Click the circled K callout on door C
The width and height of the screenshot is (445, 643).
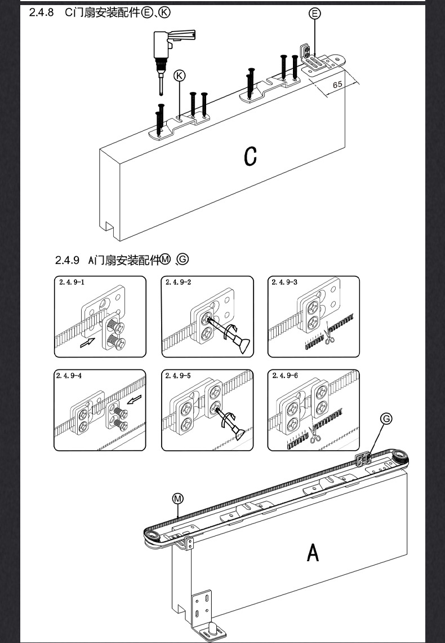(179, 76)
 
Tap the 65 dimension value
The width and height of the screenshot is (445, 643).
(337, 84)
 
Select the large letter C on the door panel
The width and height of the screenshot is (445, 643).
(251, 156)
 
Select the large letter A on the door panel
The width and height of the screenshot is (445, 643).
(313, 552)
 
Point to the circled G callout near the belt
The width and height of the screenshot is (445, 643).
(386, 419)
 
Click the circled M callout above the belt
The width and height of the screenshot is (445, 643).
(178, 499)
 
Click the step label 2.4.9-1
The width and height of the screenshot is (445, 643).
(71, 282)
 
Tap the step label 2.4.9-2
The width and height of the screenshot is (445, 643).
(178, 282)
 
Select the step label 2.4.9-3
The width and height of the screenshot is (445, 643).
(284, 282)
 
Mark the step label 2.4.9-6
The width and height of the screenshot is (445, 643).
(284, 376)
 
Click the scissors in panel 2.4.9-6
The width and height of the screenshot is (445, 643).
(314, 435)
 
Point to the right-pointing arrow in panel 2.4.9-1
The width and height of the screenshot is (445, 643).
(87, 342)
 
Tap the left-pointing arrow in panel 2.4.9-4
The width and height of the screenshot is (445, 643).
(133, 400)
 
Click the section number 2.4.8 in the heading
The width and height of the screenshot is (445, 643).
(41, 12)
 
